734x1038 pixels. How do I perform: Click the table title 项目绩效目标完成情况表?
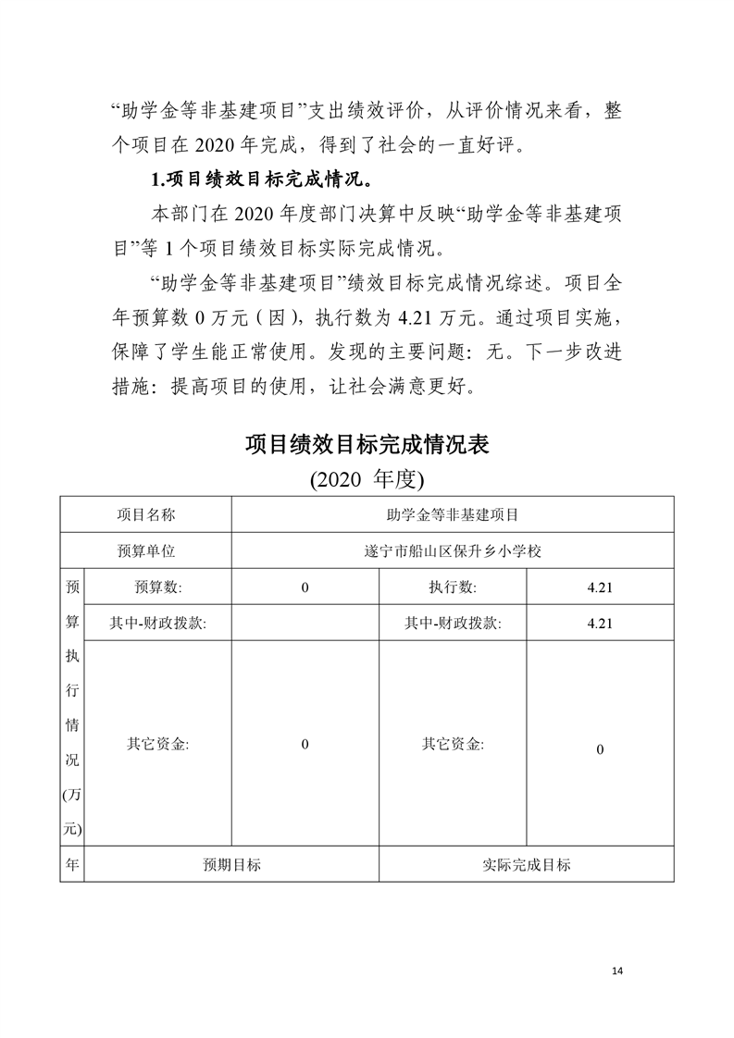point(367,445)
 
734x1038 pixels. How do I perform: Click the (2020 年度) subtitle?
point(367,479)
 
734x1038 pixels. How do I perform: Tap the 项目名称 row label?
point(145,513)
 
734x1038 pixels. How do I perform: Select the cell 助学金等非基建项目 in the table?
point(453,513)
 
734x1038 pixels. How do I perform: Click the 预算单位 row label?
point(145,550)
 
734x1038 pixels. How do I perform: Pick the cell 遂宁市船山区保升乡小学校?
point(453,550)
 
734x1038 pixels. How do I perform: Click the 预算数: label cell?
point(157,587)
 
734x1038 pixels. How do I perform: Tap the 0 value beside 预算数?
point(305,587)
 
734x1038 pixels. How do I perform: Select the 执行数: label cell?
point(453,587)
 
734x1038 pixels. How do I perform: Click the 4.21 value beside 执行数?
point(600,587)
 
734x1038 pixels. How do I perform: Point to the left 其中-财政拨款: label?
point(157,624)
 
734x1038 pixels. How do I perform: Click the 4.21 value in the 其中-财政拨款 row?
point(600,624)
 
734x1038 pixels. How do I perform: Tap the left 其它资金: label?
point(157,744)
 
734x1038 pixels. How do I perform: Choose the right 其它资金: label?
point(453,744)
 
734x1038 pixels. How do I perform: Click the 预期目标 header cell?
point(231,865)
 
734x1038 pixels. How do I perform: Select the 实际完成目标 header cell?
point(526,865)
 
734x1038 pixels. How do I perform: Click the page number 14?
point(618,970)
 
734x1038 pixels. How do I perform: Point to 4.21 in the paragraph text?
point(416,317)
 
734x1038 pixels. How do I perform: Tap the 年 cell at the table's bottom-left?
point(72,865)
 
